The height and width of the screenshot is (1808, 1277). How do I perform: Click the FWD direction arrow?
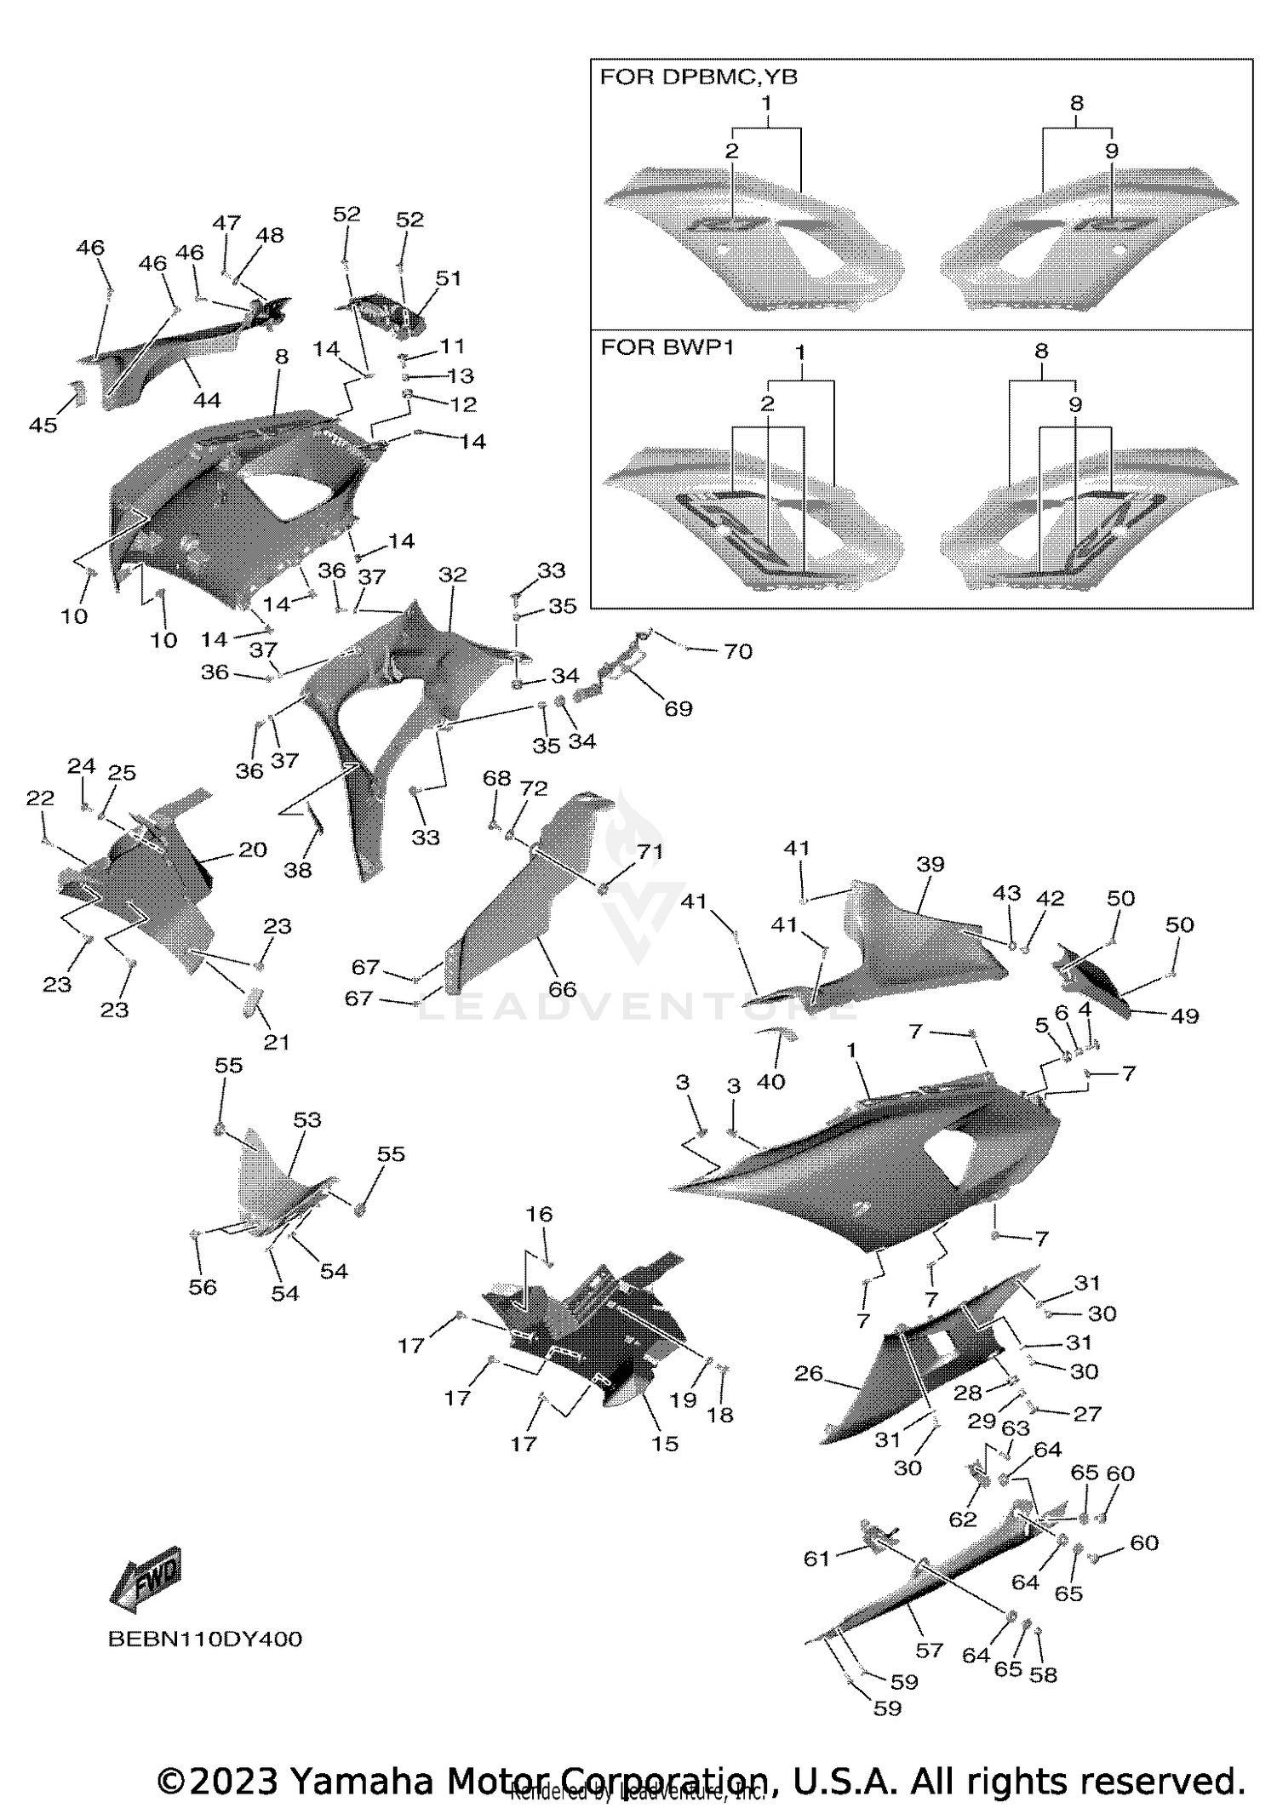(146, 1580)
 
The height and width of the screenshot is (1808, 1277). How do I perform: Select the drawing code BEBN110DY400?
(205, 1639)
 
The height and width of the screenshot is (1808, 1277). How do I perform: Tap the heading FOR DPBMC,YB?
(698, 77)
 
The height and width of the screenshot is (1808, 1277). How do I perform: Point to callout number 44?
(207, 400)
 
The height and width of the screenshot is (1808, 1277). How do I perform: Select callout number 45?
(43, 425)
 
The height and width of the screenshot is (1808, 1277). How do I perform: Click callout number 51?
(448, 278)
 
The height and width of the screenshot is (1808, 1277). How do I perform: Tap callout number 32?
(453, 575)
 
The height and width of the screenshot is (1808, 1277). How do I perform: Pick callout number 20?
(252, 850)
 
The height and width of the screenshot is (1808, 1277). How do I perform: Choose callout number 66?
(562, 989)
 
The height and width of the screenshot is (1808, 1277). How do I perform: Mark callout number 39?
(931, 864)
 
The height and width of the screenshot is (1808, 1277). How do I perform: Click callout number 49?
(1184, 1016)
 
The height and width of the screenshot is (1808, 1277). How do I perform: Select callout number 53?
(306, 1119)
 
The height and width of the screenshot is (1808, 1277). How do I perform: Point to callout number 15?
(665, 1444)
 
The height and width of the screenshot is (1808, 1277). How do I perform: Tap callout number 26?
(808, 1373)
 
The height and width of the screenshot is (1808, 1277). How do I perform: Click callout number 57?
(929, 1651)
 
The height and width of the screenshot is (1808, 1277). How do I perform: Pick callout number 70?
(737, 651)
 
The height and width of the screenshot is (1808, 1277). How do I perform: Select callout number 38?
(298, 870)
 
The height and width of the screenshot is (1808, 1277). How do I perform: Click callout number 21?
(276, 1042)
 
